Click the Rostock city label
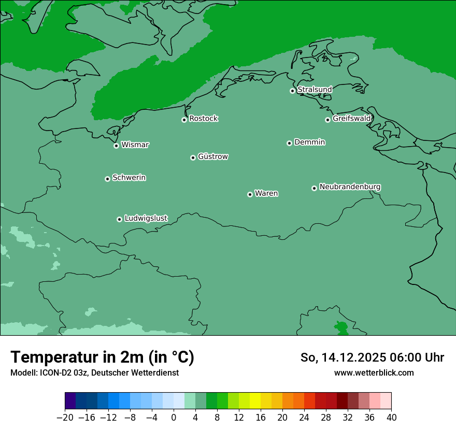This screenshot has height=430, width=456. (203, 119)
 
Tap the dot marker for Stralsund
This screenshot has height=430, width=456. (292, 91)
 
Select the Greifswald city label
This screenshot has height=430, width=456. (351, 119)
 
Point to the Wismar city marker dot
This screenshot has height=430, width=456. (116, 146)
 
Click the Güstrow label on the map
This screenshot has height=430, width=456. (212, 156)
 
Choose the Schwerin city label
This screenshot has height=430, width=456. (129, 178)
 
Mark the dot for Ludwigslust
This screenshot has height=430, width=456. (119, 219)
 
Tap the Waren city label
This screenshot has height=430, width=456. (266, 194)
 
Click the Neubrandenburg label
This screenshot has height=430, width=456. (350, 187)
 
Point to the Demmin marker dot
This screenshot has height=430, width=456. (289, 143)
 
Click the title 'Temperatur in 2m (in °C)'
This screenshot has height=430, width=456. (102, 357)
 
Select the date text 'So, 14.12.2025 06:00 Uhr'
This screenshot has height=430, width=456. (372, 357)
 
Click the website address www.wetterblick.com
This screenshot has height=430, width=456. (374, 372)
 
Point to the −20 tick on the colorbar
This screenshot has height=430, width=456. (65, 418)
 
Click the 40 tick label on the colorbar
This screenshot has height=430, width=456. (391, 418)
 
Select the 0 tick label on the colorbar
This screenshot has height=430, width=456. (174, 418)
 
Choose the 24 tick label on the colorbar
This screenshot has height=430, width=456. (304, 418)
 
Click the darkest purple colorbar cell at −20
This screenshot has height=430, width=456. (70, 401)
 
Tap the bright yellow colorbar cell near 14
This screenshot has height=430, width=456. (255, 401)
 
